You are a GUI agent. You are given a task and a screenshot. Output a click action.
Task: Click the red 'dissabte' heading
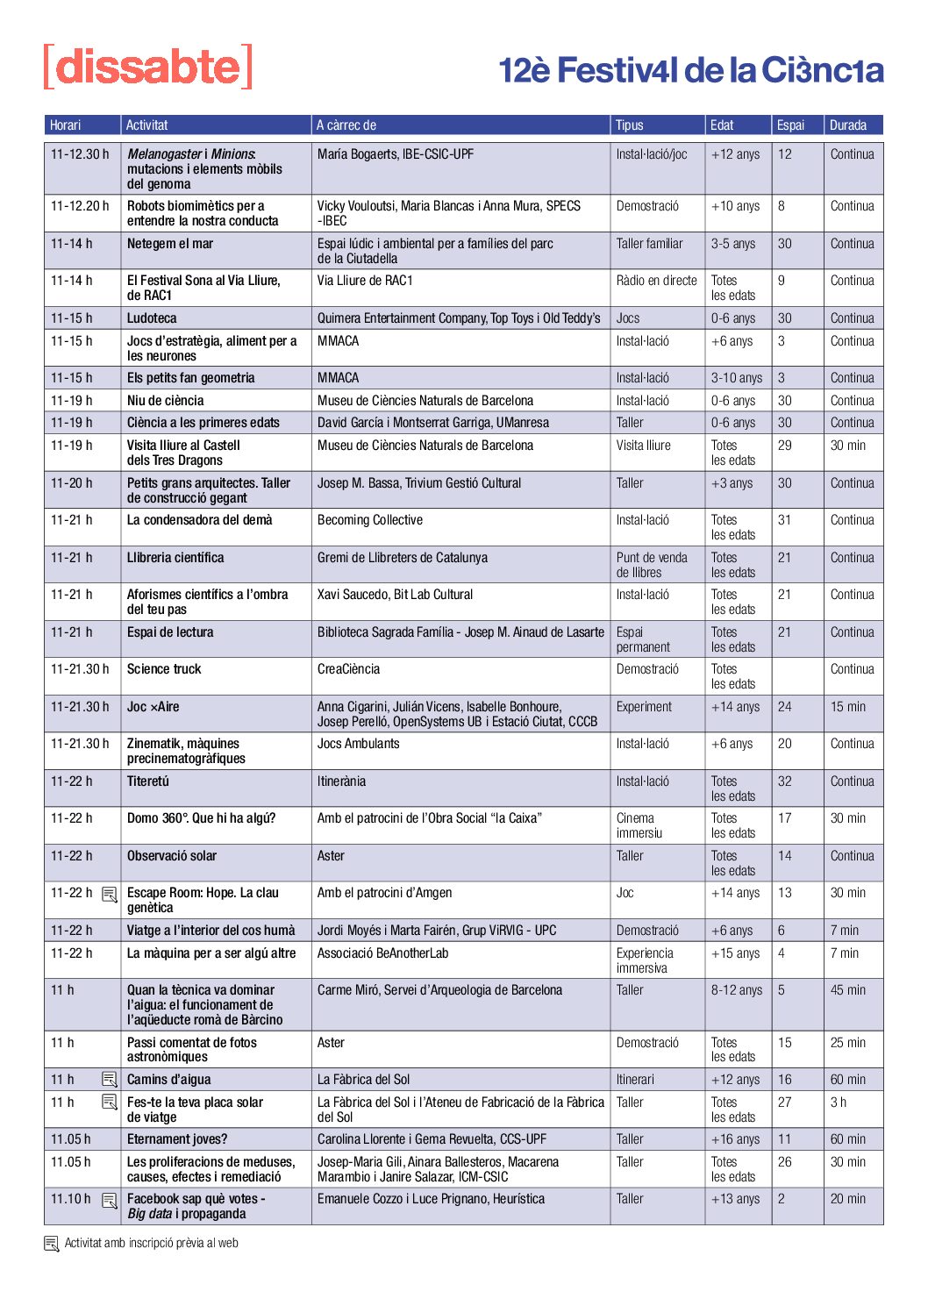[148, 67]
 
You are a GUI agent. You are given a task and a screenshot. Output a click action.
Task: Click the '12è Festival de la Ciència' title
[690, 70]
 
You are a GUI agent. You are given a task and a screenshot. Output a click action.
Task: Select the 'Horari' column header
[66, 125]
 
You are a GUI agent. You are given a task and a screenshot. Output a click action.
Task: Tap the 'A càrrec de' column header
[346, 125]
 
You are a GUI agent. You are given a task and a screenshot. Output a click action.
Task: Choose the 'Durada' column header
[848, 125]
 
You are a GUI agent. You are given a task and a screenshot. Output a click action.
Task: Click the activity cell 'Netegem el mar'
[170, 244]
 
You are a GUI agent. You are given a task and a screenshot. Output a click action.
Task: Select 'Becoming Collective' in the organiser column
[370, 520]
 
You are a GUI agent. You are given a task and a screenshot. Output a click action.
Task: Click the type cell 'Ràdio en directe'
[656, 281]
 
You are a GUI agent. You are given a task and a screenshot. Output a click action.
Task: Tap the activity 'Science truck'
[164, 669]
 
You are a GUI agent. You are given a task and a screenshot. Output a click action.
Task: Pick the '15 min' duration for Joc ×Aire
[847, 707]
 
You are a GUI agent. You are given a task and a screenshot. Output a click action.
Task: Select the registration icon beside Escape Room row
[110, 895]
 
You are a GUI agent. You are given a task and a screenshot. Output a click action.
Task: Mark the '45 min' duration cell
[847, 990]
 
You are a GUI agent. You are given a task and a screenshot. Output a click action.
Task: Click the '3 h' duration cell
[839, 1102]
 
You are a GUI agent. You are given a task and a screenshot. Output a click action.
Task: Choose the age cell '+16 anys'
[735, 1139]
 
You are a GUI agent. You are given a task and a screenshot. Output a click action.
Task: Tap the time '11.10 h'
[70, 1199]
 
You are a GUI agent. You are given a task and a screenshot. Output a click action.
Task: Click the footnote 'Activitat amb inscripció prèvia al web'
[151, 1243]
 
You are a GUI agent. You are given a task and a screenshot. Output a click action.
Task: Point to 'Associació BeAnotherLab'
[382, 953]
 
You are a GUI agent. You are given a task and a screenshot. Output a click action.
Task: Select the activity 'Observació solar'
[172, 856]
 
